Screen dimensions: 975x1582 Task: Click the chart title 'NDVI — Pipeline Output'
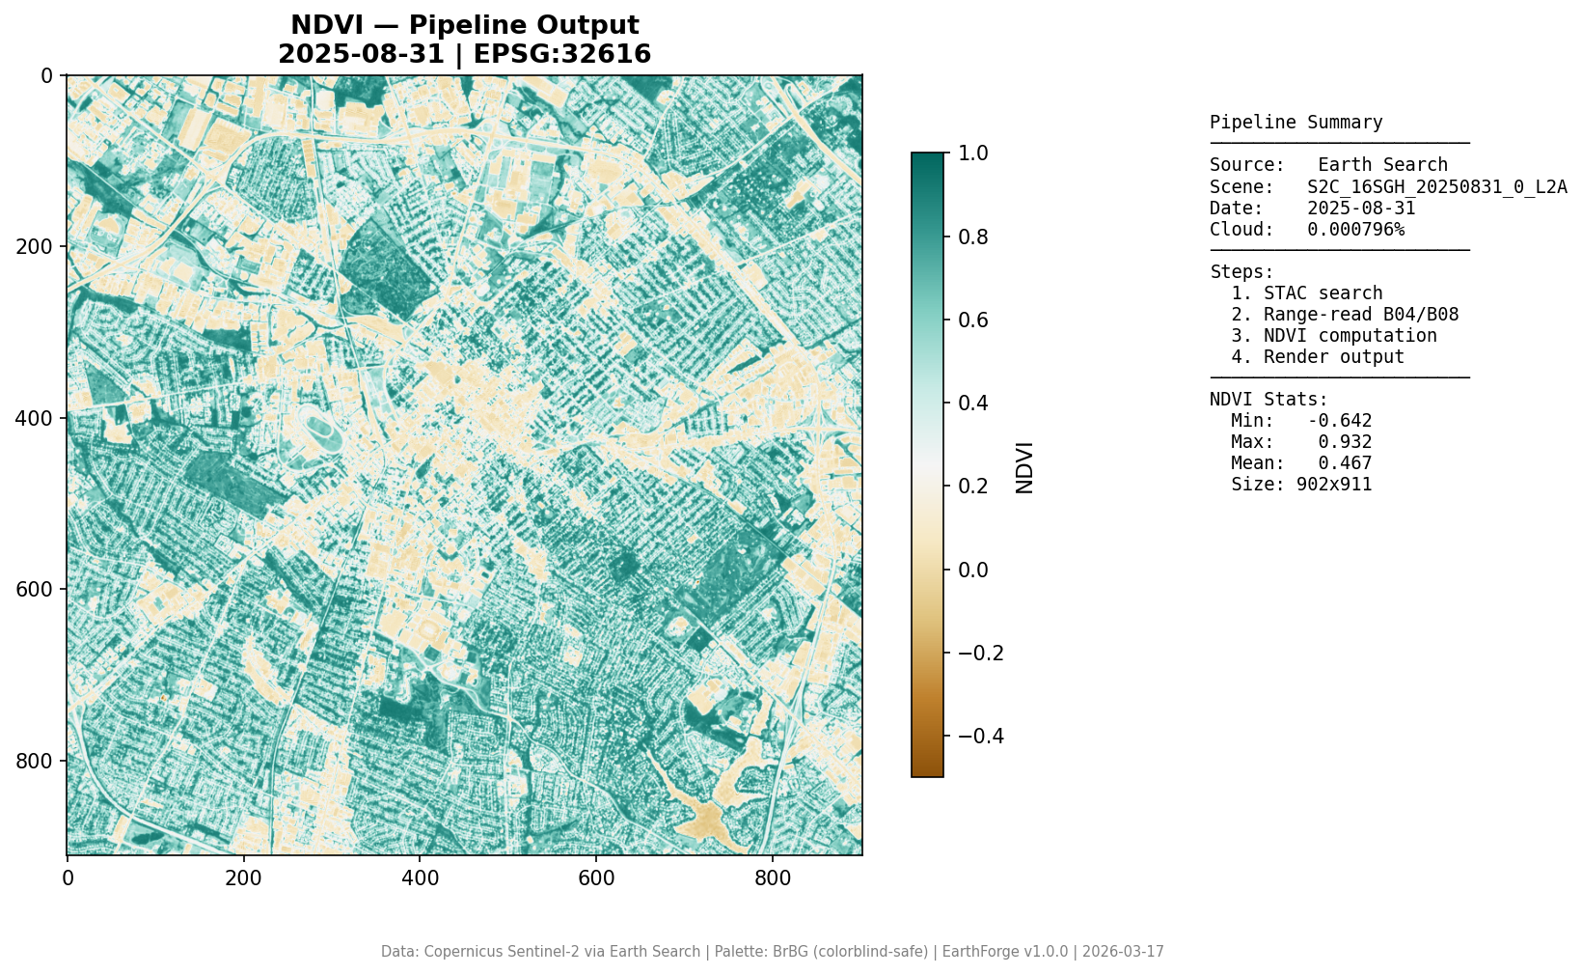click(x=464, y=26)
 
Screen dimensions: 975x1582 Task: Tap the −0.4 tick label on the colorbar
click(x=980, y=736)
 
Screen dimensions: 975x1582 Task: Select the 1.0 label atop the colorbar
click(x=973, y=153)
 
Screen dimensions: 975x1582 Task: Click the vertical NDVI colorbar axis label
click(x=1024, y=467)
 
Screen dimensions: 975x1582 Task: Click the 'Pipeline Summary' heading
click(x=1296, y=123)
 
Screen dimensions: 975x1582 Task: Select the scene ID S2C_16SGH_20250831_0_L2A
click(x=1436, y=186)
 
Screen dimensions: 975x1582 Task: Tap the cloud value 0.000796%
click(x=1355, y=229)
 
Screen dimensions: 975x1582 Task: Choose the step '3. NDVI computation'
click(x=1333, y=335)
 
